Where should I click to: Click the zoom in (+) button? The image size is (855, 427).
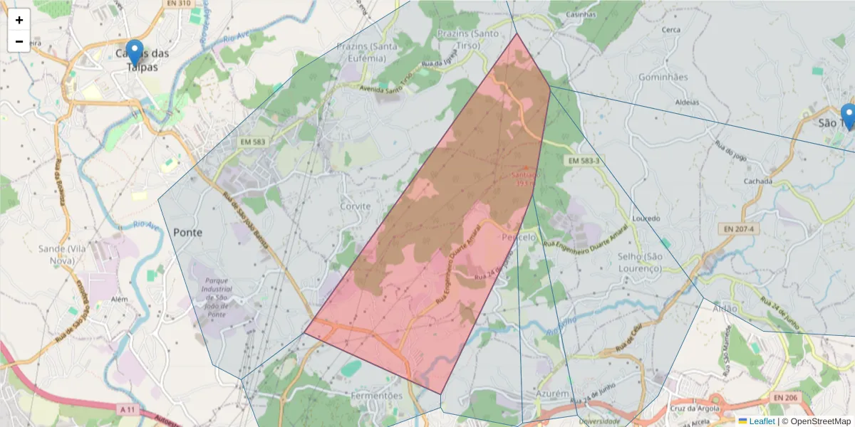tap(19, 20)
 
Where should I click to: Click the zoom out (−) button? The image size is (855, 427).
tap(19, 41)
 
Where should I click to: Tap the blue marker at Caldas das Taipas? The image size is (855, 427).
tap(134, 53)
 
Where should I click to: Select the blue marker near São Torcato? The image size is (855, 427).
tap(848, 116)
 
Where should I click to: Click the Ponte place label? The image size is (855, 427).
tap(187, 232)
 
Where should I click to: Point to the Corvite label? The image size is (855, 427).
tap(356, 206)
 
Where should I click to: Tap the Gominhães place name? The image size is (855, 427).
tap(663, 77)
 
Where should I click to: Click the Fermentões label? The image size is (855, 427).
tap(378, 395)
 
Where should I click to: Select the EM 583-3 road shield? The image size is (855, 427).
tap(584, 162)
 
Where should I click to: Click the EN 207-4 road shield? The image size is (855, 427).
tap(737, 228)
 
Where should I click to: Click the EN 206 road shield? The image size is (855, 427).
tap(785, 396)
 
